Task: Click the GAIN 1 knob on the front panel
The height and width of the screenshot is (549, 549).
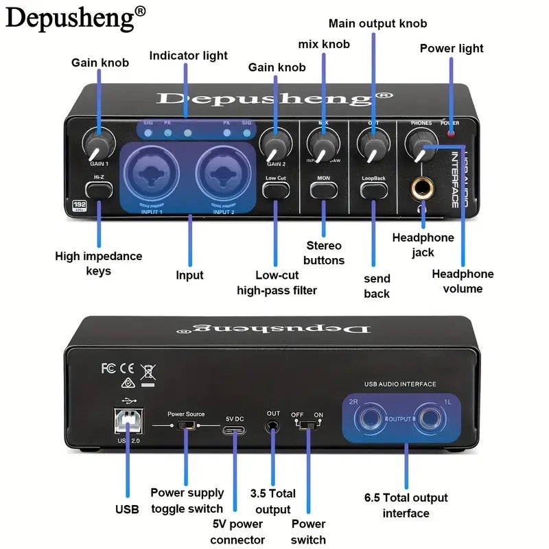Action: (97, 143)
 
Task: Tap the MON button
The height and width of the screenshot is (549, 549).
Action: (324, 187)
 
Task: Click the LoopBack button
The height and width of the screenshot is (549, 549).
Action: (374, 187)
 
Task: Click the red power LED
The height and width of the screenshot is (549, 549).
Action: (450, 132)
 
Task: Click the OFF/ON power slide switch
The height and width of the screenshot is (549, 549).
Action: (307, 425)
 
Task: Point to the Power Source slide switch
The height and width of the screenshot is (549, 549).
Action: (185, 426)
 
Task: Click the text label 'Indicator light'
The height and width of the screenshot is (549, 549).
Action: (189, 56)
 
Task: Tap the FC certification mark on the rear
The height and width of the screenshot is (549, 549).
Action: (108, 368)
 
